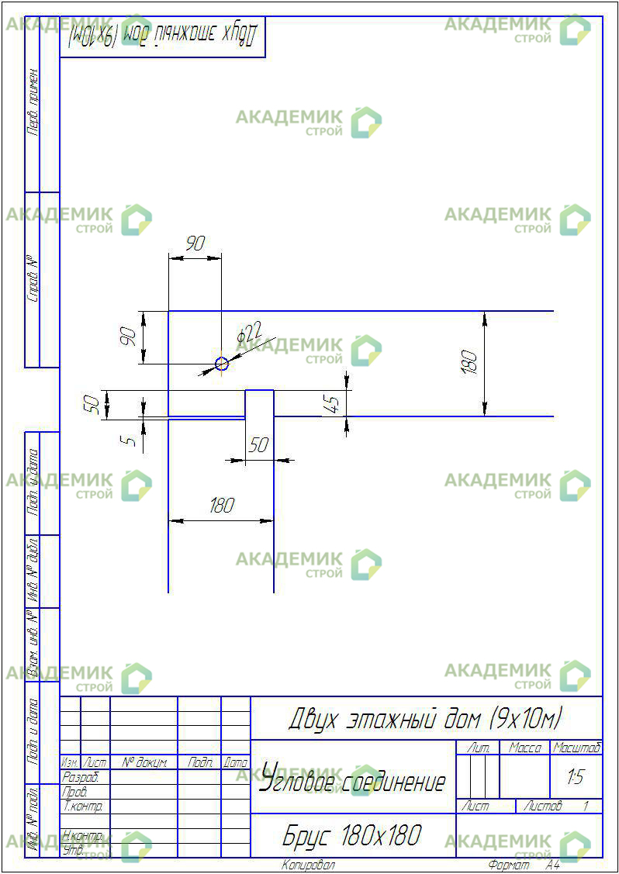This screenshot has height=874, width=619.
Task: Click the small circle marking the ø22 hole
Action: [x=222, y=363]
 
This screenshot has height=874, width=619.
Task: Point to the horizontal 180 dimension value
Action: [x=221, y=506]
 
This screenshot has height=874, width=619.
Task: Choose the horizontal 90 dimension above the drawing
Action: [x=195, y=244]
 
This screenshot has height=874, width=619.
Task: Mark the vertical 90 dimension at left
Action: [x=130, y=337]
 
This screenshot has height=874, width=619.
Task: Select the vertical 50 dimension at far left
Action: [x=92, y=405]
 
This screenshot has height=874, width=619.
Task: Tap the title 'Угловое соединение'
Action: [x=353, y=780]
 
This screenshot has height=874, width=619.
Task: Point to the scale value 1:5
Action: [x=575, y=777]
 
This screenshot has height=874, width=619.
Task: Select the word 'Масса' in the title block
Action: [x=524, y=748]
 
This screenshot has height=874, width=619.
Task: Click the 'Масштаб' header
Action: [x=576, y=748]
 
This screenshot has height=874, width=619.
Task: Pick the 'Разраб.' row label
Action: [x=80, y=776]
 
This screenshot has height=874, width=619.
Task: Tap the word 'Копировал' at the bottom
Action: [x=308, y=865]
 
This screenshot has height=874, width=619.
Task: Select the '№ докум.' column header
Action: [x=144, y=763]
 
